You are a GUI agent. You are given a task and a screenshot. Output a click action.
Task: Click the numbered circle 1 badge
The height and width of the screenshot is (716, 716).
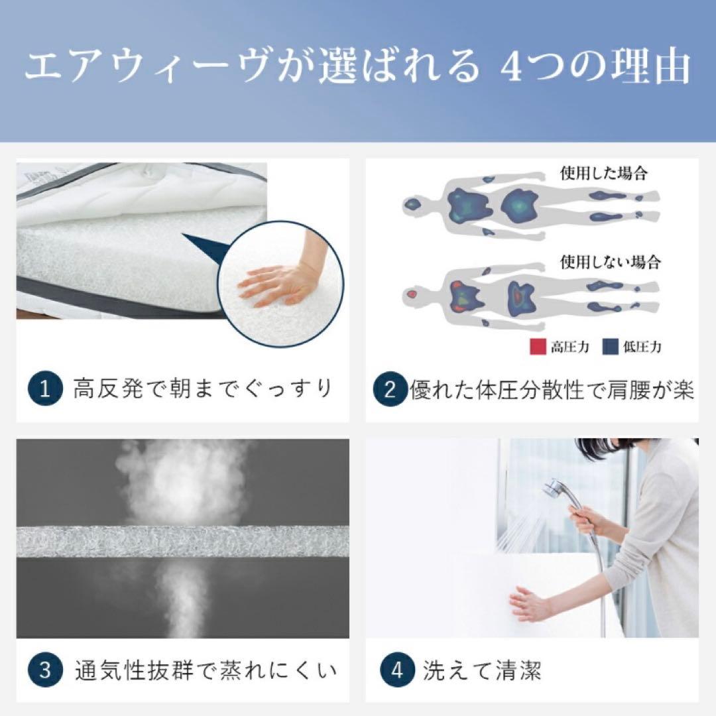(x=45, y=390)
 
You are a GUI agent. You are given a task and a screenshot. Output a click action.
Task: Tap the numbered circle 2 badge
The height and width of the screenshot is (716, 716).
(x=390, y=390)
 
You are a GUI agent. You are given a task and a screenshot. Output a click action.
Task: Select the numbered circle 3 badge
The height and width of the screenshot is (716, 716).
(x=45, y=670)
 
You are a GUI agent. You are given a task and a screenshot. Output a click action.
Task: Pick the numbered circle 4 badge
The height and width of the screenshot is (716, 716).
(x=397, y=670)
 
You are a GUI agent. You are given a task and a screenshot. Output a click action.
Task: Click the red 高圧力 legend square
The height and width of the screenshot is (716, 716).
(x=538, y=347)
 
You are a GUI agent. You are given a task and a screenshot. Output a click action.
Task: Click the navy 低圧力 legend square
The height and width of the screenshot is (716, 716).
(x=611, y=347)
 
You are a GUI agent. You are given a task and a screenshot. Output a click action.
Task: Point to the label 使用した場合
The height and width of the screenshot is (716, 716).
(x=604, y=173)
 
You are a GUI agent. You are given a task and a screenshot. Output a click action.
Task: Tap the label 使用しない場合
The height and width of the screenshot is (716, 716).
(x=611, y=262)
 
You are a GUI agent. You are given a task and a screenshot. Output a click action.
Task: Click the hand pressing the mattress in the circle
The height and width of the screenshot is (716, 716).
(x=276, y=284)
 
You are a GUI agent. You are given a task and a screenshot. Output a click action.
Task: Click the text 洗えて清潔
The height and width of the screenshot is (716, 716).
(x=482, y=671)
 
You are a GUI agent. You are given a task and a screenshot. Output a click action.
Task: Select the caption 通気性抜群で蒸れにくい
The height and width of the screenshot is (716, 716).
(x=205, y=670)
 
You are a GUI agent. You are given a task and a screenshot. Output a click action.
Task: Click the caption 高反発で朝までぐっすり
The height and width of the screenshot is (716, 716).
(x=202, y=390)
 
